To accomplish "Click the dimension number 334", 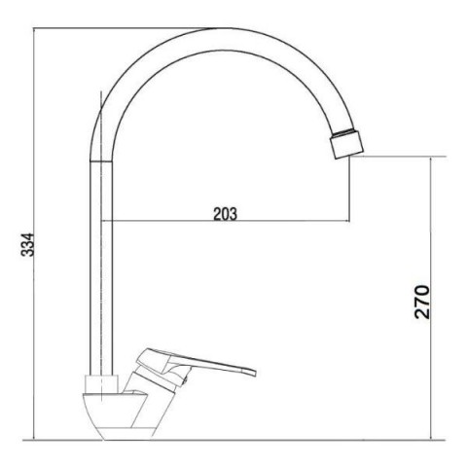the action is [27, 244].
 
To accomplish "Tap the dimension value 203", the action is [225, 214].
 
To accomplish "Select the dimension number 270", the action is [422, 302].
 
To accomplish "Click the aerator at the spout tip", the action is [346, 144].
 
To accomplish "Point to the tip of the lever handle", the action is [255, 373].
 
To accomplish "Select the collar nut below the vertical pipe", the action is [101, 384].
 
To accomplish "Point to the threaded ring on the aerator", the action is [344, 133].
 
